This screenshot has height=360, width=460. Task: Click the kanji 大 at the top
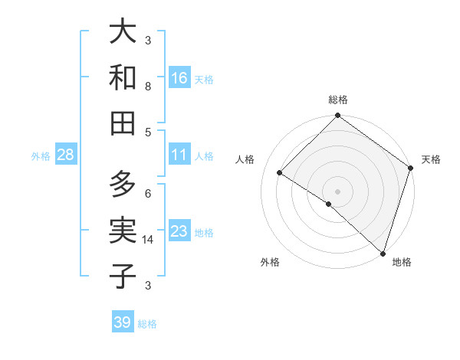pyautogui.click(x=123, y=32)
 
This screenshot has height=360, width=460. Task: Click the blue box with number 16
pyautogui.click(x=179, y=77)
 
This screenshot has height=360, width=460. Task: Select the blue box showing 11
pyautogui.click(x=179, y=155)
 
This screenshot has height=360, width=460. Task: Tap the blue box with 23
pyautogui.click(x=179, y=231)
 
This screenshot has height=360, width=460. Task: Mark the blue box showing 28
pyautogui.click(x=66, y=155)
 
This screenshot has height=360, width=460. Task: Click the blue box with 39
pyautogui.click(x=123, y=322)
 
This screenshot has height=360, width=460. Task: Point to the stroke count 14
pyautogui.click(x=149, y=240)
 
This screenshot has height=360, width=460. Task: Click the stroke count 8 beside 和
pyautogui.click(x=148, y=87)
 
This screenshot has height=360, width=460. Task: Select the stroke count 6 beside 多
pyautogui.click(x=148, y=193)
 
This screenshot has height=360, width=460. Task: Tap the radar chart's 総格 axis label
pyautogui.click(x=338, y=100)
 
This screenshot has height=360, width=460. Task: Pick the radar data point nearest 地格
pyautogui.click(x=382, y=252)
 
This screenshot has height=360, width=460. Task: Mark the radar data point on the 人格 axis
pyautogui.click(x=280, y=172)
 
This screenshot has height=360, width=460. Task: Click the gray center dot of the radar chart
pyautogui.click(x=338, y=191)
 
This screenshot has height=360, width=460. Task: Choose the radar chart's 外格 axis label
pyautogui.click(x=270, y=263)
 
